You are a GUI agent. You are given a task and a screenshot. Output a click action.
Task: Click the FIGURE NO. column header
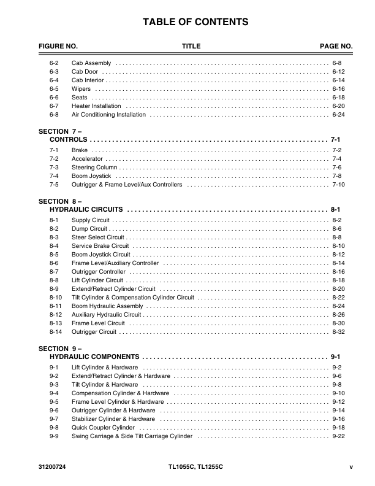58,47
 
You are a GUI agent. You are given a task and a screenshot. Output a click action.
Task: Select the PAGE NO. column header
336,47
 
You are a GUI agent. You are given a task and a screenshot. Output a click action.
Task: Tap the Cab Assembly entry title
91,63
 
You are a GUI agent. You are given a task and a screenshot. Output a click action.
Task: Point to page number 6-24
338,115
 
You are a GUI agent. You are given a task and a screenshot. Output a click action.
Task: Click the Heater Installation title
96,106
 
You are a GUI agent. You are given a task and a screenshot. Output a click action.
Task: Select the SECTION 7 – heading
60,132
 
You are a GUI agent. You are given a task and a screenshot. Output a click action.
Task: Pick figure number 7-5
54,185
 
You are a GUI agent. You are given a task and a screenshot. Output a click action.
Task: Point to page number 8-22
338,298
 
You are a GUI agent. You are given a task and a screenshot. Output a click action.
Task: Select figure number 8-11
55,306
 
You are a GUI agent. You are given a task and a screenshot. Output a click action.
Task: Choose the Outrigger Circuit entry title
94,332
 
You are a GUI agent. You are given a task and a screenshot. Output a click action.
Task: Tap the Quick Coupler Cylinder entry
103,428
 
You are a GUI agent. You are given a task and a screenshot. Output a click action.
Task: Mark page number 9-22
338,436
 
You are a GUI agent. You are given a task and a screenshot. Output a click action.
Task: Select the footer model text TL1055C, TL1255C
195,468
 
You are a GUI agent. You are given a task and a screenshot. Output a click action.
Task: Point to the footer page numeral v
351,468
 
